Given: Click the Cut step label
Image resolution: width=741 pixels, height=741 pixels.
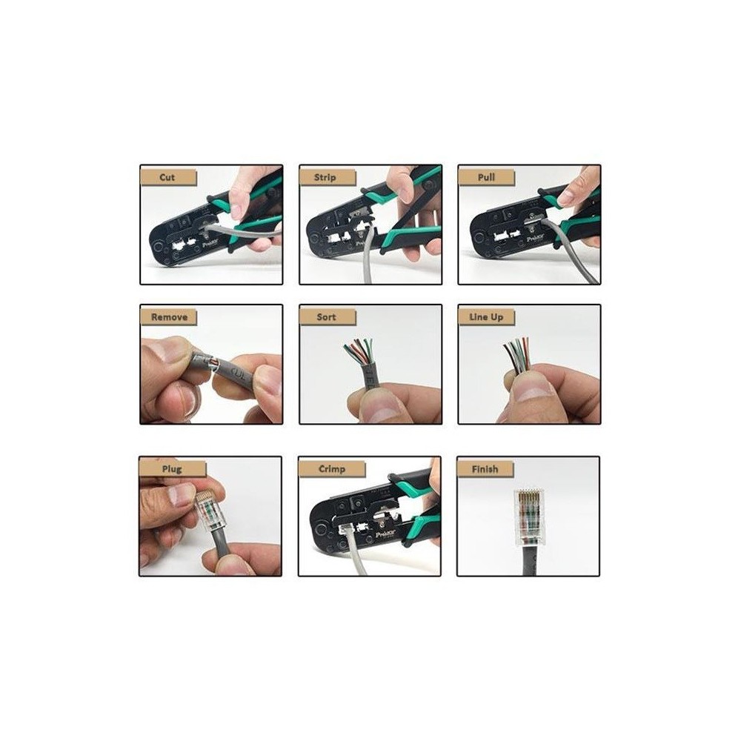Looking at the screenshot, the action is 167,178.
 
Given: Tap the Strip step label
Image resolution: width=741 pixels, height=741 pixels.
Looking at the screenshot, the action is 325,178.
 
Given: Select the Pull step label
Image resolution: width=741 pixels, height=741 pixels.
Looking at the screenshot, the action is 486,177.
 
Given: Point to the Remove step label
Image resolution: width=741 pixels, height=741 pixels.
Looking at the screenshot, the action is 169,317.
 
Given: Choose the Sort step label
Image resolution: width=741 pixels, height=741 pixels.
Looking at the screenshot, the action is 326,317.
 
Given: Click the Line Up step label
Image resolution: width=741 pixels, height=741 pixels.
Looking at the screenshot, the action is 486,317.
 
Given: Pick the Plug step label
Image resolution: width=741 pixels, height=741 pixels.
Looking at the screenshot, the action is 172,469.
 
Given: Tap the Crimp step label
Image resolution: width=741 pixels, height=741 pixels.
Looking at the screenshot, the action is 332,469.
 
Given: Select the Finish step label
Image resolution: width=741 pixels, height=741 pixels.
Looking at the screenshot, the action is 485,469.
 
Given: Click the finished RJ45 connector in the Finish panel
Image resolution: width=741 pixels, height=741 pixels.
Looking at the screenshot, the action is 528,517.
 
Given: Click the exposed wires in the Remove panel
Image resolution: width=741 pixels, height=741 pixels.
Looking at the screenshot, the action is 213,363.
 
